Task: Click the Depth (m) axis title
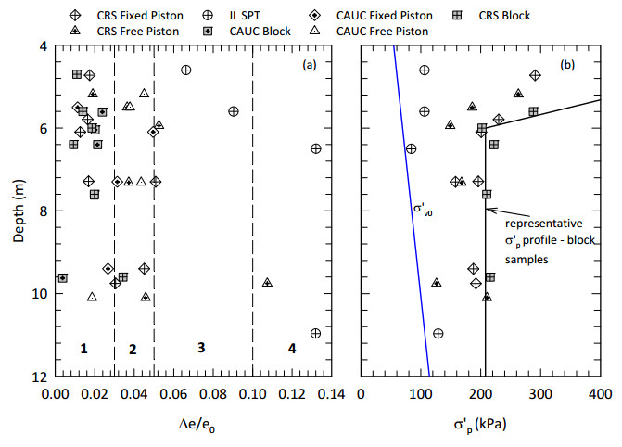tap(19, 211)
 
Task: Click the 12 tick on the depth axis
tap(42, 377)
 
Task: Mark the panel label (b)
tap(567, 64)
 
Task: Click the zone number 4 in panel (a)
tap(291, 349)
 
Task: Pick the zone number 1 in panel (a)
tap(83, 349)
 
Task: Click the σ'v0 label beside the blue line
tap(425, 208)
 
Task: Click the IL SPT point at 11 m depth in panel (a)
tap(315, 334)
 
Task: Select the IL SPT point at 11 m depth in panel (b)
tap(438, 334)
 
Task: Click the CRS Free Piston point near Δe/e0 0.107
tap(267, 282)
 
